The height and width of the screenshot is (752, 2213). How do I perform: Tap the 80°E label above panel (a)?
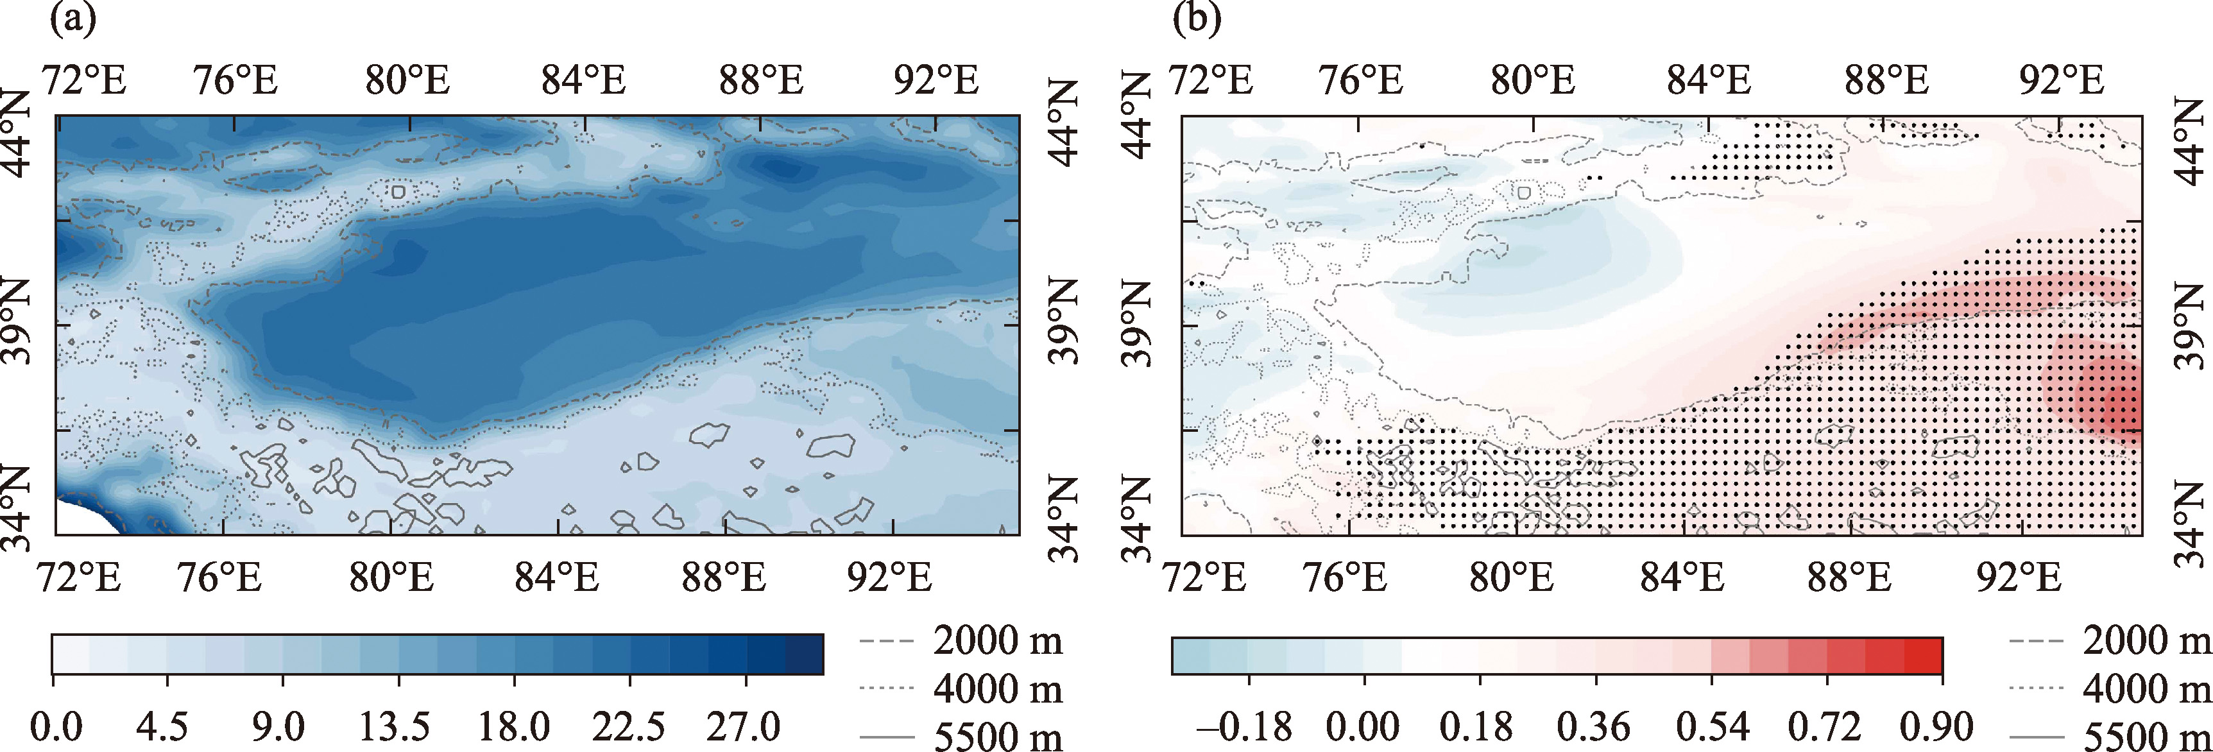[x=407, y=81]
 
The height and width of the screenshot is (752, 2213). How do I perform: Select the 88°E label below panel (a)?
[x=723, y=577]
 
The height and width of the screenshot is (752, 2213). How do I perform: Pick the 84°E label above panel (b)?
[x=1709, y=81]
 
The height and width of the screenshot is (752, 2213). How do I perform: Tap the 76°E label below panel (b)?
[x=1344, y=577]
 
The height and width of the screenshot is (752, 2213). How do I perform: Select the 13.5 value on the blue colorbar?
[x=395, y=727]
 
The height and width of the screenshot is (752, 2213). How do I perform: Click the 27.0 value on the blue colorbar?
[x=743, y=727]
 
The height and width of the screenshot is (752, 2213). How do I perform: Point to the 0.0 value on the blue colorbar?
[x=56, y=727]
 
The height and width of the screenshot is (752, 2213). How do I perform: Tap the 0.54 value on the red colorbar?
[x=1711, y=727]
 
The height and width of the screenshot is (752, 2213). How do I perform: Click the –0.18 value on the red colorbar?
[x=1244, y=727]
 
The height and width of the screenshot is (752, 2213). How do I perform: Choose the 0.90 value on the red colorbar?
[x=1936, y=727]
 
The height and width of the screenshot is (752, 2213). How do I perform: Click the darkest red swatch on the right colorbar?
[x=1924, y=656]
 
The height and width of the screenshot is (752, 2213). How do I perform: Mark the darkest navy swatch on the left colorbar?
[x=804, y=654]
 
